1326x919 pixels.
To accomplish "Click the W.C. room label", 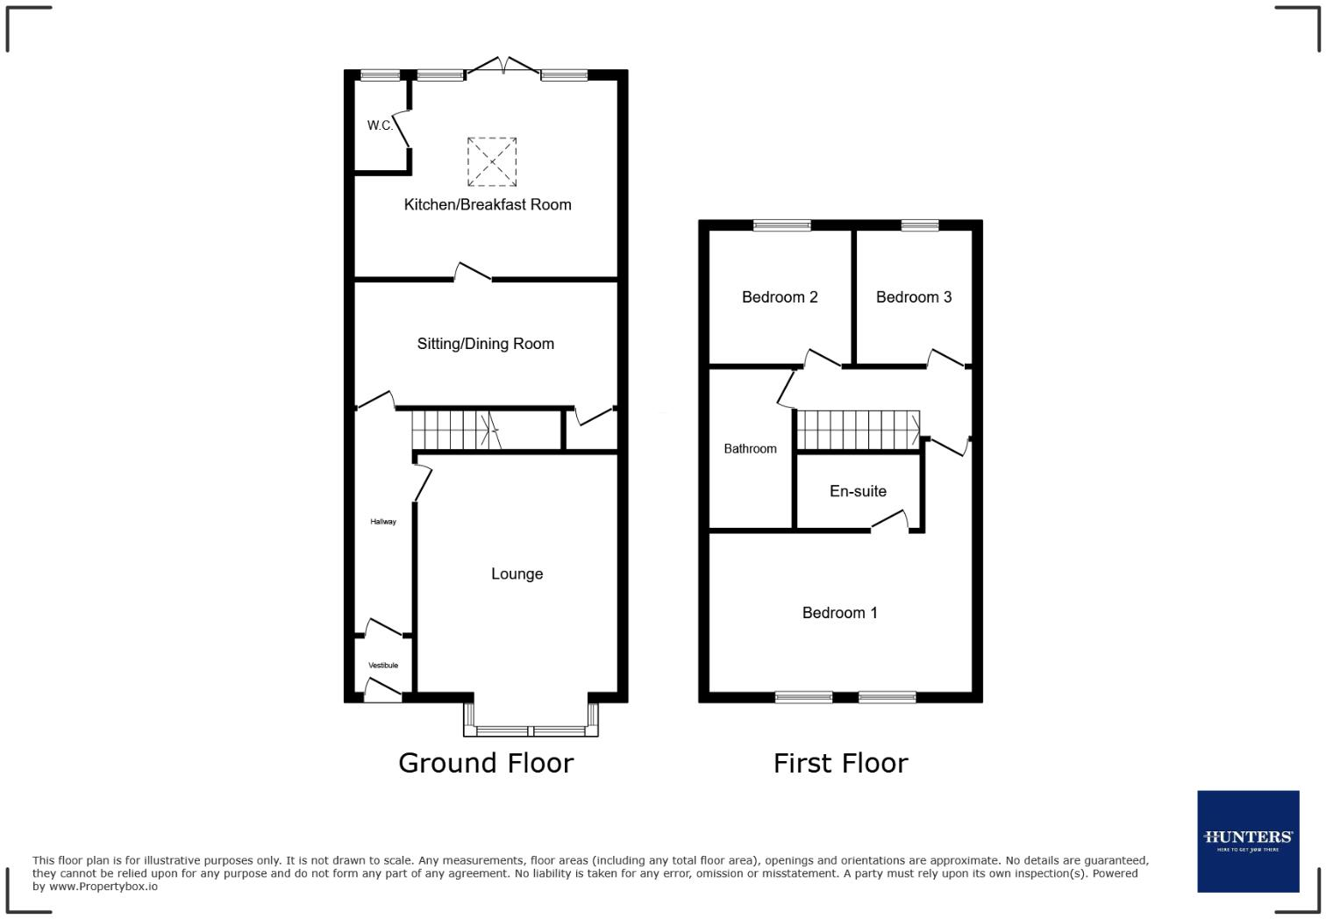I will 380,125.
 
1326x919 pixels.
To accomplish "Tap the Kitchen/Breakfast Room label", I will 487,204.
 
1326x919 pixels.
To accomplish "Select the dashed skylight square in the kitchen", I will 492,161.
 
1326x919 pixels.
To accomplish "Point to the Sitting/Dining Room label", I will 485,344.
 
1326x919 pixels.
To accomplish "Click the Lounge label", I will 517,573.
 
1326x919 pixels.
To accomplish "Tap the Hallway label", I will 383,522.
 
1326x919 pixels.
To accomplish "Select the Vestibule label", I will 383,666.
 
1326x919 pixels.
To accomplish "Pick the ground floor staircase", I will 454,430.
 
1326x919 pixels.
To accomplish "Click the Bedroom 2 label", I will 780,297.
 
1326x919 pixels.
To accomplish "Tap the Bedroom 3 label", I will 913,297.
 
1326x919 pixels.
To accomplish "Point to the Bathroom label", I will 750,449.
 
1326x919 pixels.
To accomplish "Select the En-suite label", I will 858,491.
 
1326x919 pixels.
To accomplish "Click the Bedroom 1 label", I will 839,613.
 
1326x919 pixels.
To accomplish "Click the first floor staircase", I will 858,430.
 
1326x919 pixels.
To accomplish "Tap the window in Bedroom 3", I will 919,225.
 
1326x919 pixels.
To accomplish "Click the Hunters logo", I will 1248,841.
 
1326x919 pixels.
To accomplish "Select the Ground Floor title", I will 486,763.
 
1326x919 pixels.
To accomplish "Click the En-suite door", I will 890,521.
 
